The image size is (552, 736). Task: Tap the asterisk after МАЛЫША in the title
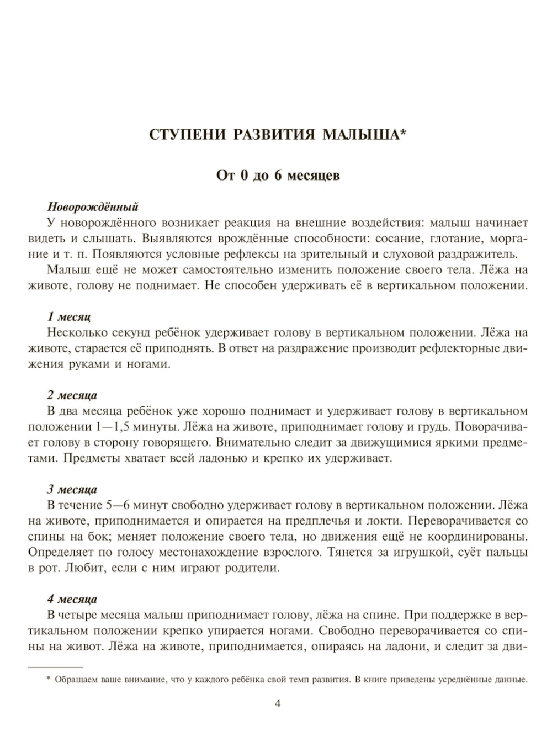click(402, 133)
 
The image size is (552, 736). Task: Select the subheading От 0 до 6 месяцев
click(278, 176)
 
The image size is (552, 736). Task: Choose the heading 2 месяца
click(72, 395)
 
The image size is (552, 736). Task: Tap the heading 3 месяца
click(72, 489)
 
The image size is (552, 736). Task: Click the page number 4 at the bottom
click(278, 703)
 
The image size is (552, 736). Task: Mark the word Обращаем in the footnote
click(74, 680)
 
